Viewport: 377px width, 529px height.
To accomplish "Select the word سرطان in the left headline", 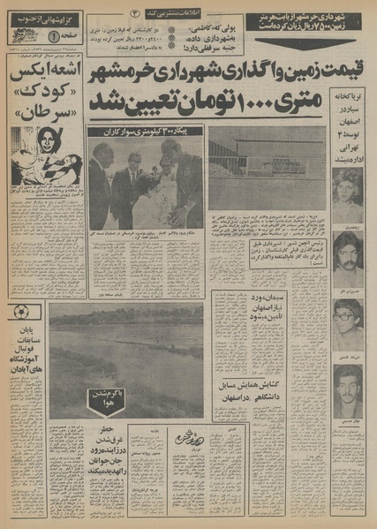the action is pyautogui.click(x=41, y=112).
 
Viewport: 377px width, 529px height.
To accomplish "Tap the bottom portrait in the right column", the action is pyautogui.click(x=347, y=390).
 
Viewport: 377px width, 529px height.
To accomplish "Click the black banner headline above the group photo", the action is pyautogui.click(x=151, y=132).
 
